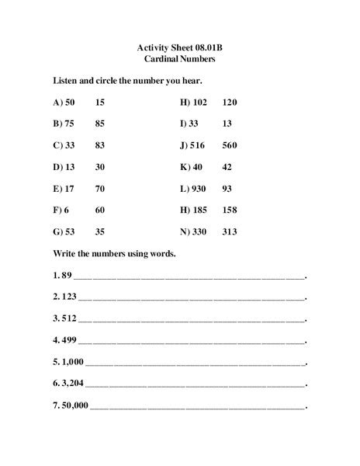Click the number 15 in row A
[101, 102]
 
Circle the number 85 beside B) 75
[101, 123]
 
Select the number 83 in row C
[101, 145]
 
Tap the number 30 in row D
[101, 167]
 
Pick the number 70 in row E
[101, 189]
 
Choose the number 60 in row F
[101, 210]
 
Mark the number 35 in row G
[101, 231]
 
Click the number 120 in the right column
[230, 102]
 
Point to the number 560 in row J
[230, 145]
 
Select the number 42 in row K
[227, 167]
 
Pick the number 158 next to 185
[230, 210]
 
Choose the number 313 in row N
[230, 231]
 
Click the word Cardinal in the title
[164, 59]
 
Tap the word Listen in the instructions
[65, 80]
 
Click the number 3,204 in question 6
[72, 383]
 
